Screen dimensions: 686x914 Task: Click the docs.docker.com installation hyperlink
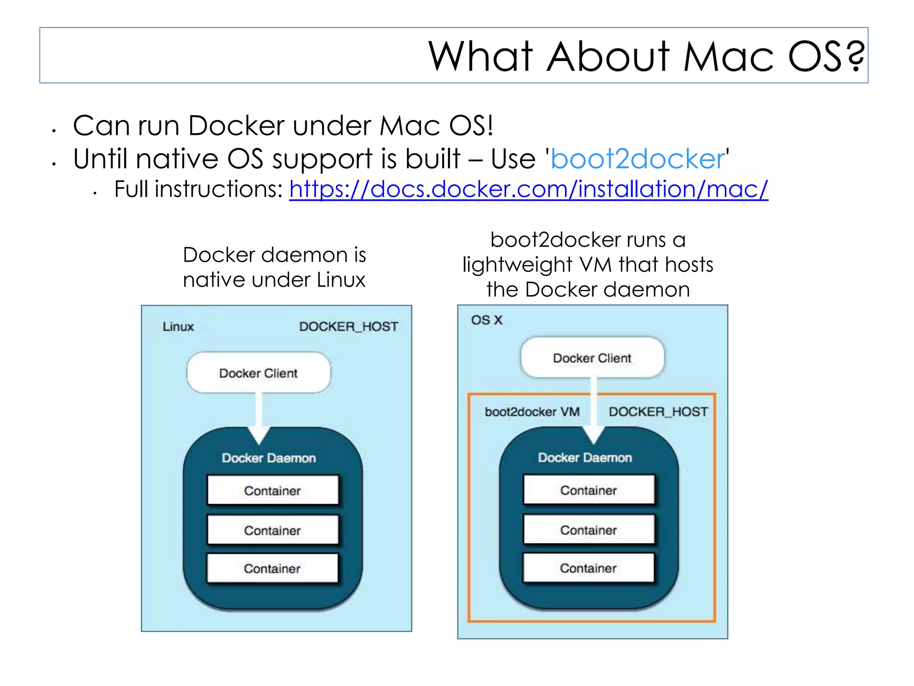click(x=528, y=189)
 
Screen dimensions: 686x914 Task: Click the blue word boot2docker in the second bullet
click(x=637, y=159)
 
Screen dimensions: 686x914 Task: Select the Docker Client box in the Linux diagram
click(x=258, y=373)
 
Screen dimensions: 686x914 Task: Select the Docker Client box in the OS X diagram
click(x=592, y=358)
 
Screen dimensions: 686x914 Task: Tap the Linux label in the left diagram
click(x=178, y=326)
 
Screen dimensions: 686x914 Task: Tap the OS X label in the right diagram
click(x=486, y=320)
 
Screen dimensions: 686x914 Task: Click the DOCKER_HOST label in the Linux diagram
click(x=348, y=326)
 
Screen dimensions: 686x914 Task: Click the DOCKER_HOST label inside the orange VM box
click(x=658, y=412)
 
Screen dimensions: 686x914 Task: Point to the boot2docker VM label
click(x=532, y=412)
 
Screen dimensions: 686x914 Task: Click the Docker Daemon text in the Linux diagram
click(x=269, y=458)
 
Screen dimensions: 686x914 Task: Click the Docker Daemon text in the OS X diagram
click(x=585, y=457)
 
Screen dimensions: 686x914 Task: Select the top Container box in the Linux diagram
click(x=273, y=490)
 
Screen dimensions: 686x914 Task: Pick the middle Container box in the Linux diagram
click(x=273, y=530)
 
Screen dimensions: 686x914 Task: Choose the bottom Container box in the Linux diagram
click(x=273, y=568)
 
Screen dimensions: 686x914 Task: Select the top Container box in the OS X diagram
click(x=589, y=490)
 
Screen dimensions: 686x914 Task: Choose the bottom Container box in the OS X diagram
click(x=588, y=568)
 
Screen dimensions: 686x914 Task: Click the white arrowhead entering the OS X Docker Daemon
click(x=594, y=434)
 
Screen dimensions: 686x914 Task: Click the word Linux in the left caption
click(x=341, y=280)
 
